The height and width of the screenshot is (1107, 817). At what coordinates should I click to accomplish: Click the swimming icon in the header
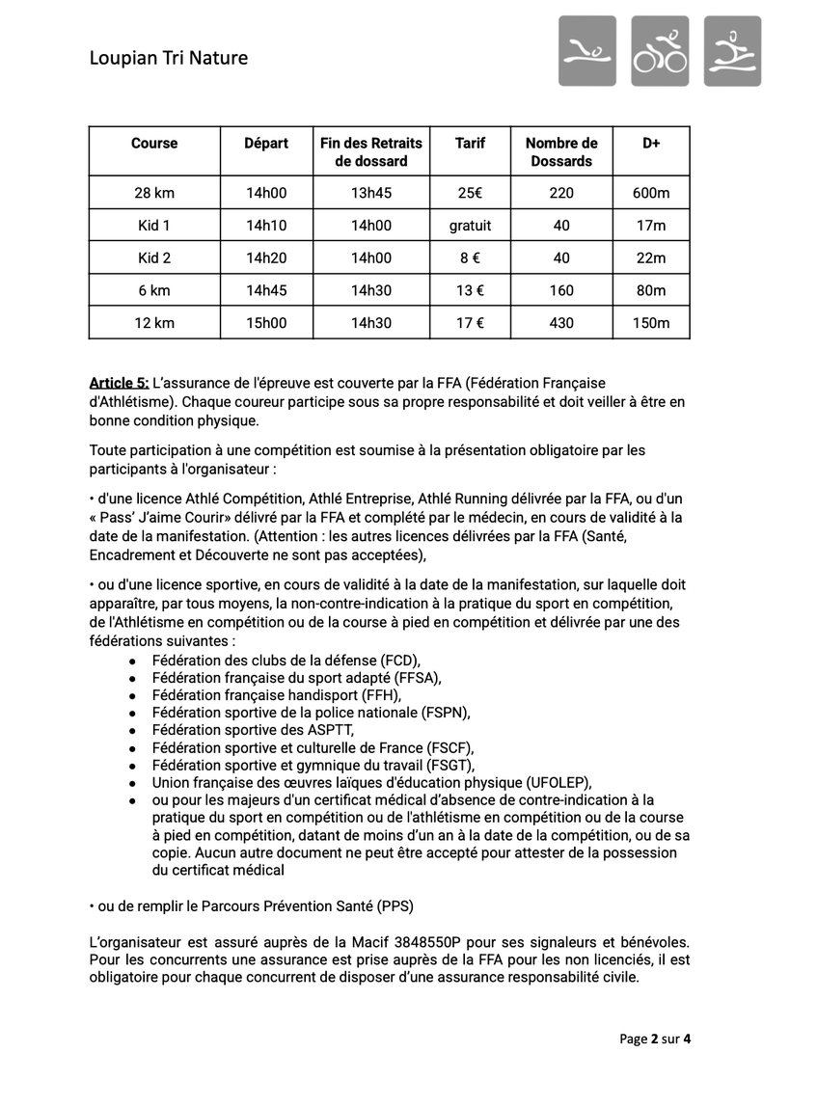pyautogui.click(x=586, y=51)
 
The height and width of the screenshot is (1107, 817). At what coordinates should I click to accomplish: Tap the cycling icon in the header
pyautogui.click(x=660, y=51)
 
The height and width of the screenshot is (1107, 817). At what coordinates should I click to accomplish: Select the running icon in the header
pyautogui.click(x=732, y=51)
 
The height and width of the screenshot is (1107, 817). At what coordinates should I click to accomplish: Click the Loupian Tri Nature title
pyautogui.click(x=168, y=58)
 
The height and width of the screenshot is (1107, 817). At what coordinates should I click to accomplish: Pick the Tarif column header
pyautogui.click(x=470, y=143)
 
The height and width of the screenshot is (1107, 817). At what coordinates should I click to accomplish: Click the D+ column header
pyautogui.click(x=651, y=143)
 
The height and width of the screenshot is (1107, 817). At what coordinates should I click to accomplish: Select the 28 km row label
pyautogui.click(x=154, y=193)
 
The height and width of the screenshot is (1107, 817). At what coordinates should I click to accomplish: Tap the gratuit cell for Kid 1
pyautogui.click(x=470, y=226)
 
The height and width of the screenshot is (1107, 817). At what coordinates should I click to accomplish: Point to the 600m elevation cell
pyautogui.click(x=651, y=193)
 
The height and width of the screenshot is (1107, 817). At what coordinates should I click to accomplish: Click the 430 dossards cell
pyautogui.click(x=561, y=323)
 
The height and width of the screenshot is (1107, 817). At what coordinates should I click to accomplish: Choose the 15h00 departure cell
pyautogui.click(x=266, y=323)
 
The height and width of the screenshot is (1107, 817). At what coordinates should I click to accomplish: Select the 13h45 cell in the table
pyautogui.click(x=371, y=193)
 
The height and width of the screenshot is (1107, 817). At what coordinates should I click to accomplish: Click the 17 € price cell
pyautogui.click(x=470, y=323)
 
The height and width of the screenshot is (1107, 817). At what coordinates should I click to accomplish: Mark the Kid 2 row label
pyautogui.click(x=154, y=257)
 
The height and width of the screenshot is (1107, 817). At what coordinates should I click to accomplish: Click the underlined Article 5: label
pyautogui.click(x=119, y=384)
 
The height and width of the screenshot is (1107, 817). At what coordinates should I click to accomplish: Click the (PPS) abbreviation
pyautogui.click(x=395, y=905)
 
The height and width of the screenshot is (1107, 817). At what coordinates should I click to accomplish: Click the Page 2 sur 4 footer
pyautogui.click(x=655, y=1039)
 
